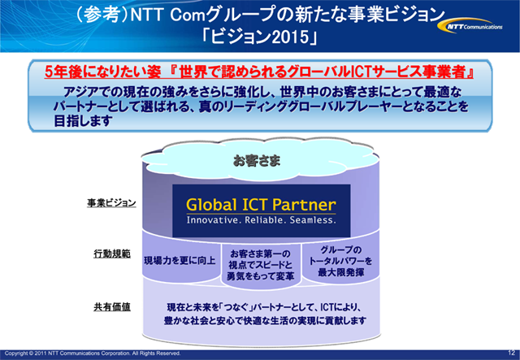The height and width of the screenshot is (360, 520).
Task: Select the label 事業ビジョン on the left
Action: pos(111,204)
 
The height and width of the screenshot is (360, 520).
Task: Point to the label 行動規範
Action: pos(111,254)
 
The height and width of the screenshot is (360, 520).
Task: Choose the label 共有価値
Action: pos(111,306)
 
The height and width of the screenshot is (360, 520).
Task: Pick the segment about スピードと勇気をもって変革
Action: pos(261,265)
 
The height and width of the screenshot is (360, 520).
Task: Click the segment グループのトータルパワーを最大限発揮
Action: pos(341,261)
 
